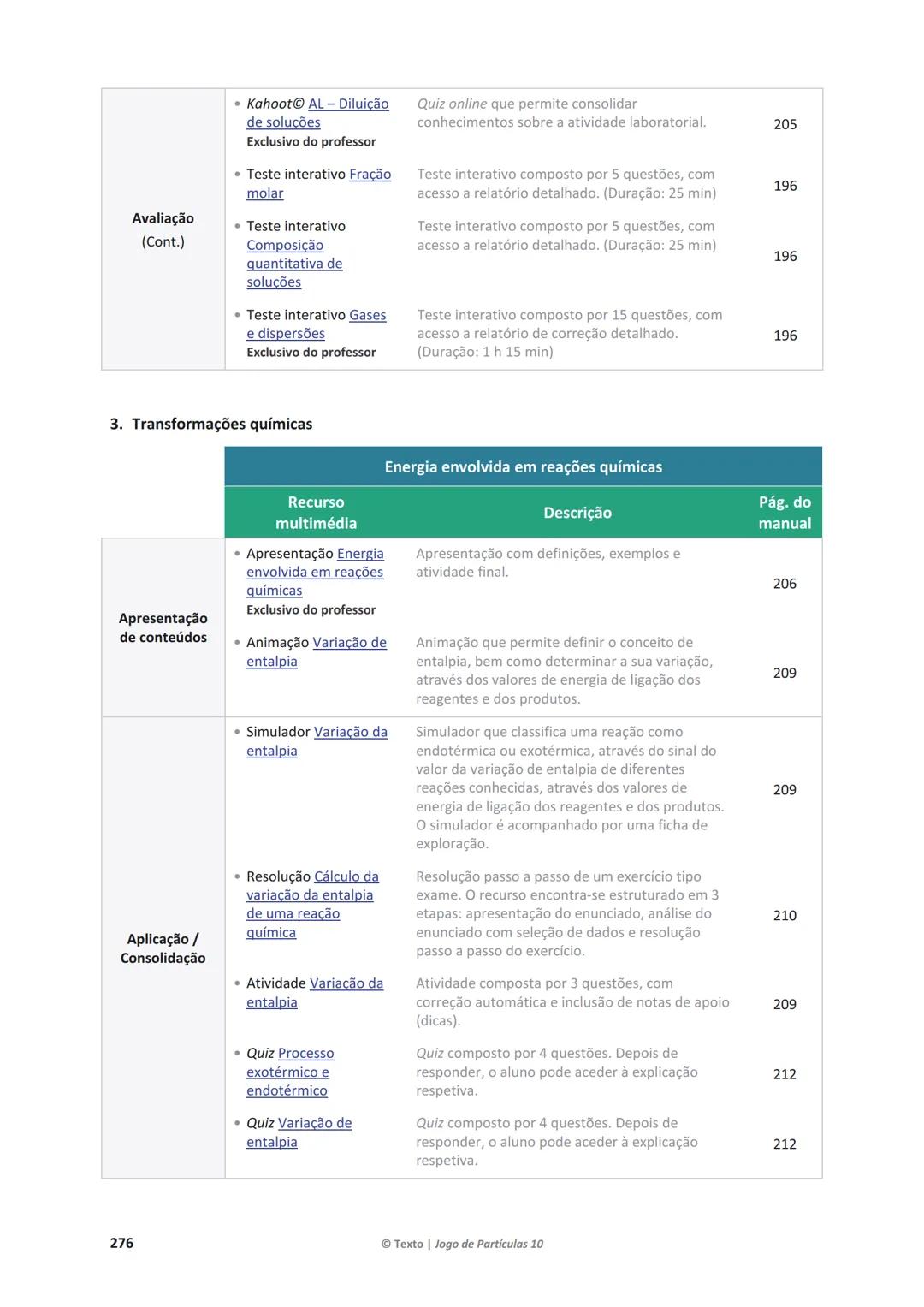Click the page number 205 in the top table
[x=785, y=124]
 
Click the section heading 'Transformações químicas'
[x=222, y=425]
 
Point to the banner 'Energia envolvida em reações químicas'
[x=523, y=467]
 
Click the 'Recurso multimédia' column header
[x=316, y=513]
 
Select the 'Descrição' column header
[x=577, y=513]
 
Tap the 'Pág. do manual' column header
[x=785, y=513]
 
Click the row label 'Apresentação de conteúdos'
[x=163, y=627]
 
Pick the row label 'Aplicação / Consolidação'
[x=163, y=948]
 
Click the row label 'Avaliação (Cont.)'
[x=163, y=229]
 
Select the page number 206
[x=785, y=584]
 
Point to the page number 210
[x=785, y=916]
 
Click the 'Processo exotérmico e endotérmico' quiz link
[x=287, y=1072]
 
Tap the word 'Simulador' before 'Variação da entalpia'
[x=278, y=733]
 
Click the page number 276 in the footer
[x=121, y=1243]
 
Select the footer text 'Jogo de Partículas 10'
[x=489, y=1244]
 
